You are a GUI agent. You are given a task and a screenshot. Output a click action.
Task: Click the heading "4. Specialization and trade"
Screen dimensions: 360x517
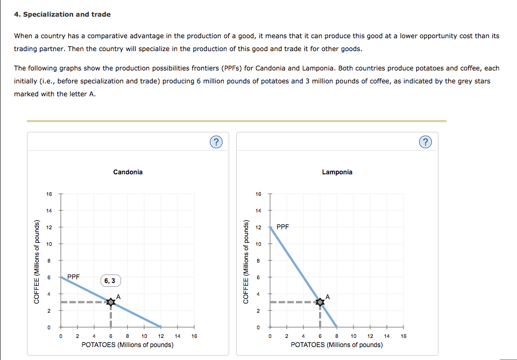(x=62, y=14)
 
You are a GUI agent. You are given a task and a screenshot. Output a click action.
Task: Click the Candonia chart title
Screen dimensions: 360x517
(x=128, y=172)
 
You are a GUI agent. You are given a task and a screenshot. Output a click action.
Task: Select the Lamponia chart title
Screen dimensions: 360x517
(x=337, y=172)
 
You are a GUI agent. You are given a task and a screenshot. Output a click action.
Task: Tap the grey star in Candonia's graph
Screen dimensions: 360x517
(x=111, y=302)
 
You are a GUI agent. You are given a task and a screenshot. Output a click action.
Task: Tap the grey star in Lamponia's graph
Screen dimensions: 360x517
(x=320, y=302)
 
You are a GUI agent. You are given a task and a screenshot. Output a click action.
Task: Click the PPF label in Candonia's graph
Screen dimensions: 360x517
(x=74, y=277)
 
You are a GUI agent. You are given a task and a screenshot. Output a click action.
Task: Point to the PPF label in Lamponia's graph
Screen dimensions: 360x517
(x=283, y=227)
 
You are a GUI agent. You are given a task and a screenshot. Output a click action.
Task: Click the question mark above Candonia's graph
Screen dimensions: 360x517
(x=215, y=142)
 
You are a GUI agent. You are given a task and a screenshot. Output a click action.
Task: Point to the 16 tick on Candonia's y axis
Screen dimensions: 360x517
(x=48, y=194)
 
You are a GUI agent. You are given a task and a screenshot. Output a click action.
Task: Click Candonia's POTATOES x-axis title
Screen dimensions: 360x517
(x=128, y=344)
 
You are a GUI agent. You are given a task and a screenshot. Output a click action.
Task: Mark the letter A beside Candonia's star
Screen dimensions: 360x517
(x=118, y=297)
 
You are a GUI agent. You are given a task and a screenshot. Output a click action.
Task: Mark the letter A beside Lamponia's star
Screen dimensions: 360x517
(x=327, y=297)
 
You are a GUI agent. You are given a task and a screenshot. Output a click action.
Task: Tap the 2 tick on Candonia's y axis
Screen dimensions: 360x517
(x=48, y=310)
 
